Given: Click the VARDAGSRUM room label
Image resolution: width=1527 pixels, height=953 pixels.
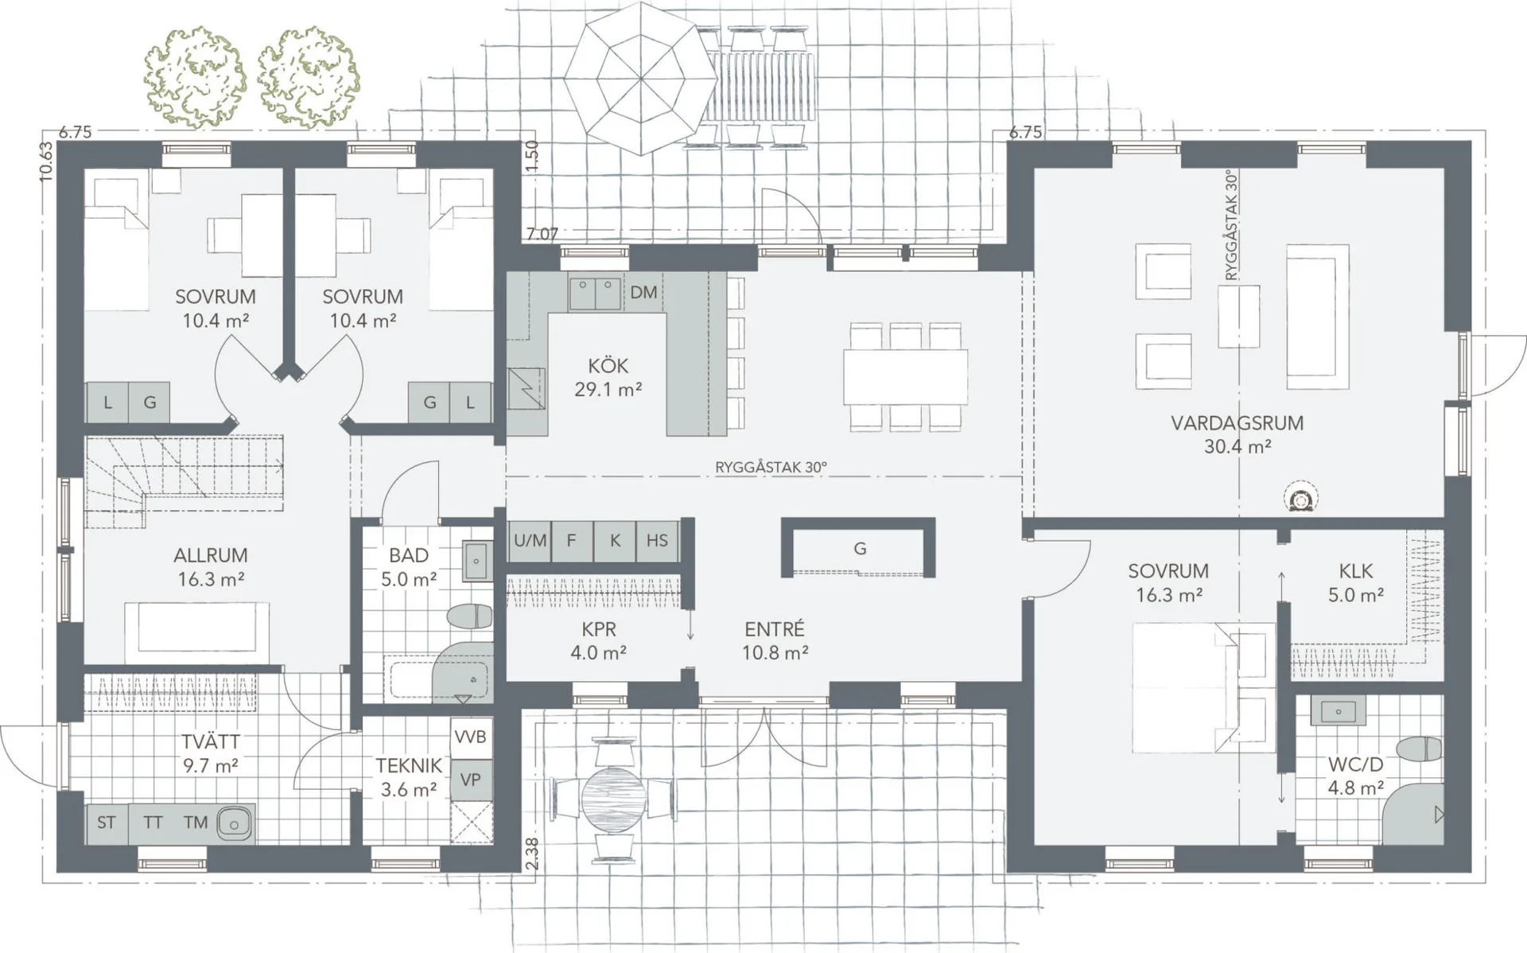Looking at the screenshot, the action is click(x=1237, y=422).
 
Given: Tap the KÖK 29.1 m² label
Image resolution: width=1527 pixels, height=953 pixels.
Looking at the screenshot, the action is click(x=608, y=377).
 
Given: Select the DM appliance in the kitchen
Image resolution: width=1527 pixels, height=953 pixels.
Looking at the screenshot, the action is click(x=643, y=292).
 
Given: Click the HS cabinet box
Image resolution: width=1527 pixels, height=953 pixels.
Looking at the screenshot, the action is click(x=657, y=541).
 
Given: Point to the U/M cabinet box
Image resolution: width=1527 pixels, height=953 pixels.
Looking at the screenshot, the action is click(x=530, y=541).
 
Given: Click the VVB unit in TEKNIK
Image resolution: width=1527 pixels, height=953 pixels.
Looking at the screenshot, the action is click(x=470, y=737).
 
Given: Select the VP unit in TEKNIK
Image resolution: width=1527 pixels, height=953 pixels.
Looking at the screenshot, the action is click(x=470, y=780).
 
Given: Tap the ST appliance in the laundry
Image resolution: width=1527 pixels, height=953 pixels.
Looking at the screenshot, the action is click(x=106, y=823).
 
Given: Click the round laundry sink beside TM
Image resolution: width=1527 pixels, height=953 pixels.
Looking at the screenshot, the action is click(x=234, y=823).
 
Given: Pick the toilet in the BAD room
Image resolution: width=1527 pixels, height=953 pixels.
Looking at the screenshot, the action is click(x=470, y=617).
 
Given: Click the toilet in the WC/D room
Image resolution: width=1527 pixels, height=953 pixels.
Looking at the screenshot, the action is click(x=1420, y=749).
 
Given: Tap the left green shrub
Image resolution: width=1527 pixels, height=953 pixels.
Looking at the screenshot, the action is click(x=195, y=77).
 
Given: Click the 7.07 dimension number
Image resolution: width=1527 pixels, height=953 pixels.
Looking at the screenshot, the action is click(x=542, y=234).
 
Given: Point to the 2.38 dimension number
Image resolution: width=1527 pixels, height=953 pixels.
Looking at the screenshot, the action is click(x=532, y=853).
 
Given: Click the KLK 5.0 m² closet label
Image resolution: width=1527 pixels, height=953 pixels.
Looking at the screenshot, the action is click(x=1356, y=582).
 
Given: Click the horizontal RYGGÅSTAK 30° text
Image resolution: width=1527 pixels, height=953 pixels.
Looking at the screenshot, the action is click(x=771, y=467).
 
